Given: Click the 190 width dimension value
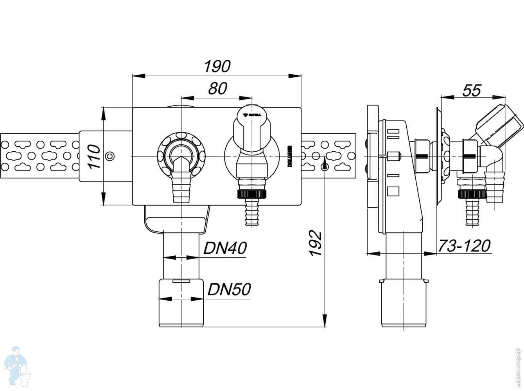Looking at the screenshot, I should (x=217, y=66).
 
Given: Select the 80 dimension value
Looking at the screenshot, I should (x=217, y=89).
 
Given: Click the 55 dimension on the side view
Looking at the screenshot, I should (x=472, y=90).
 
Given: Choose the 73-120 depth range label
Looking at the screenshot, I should (x=464, y=246).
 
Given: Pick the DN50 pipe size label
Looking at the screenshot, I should (x=229, y=290).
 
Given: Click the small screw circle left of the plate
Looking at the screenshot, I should (x=111, y=156).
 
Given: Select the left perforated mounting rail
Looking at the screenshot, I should (x=39, y=156).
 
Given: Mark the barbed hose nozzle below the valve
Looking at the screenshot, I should (x=251, y=213).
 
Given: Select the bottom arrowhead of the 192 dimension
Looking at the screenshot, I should (x=324, y=321).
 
